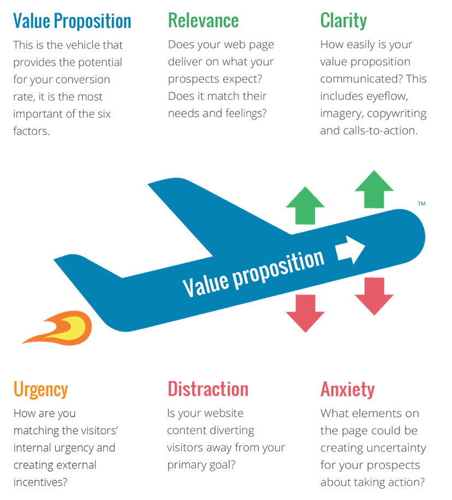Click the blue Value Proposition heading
(x=72, y=21)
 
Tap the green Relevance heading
(x=203, y=21)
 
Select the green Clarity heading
(x=343, y=21)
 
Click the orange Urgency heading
(x=41, y=390)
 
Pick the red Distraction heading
(x=208, y=389)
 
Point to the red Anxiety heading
(x=348, y=390)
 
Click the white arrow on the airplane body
(x=350, y=250)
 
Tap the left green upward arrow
(x=305, y=205)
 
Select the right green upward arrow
(x=374, y=190)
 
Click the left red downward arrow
(x=305, y=314)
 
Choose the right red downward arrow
(x=374, y=297)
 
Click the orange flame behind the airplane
(x=57, y=328)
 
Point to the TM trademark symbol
(x=421, y=203)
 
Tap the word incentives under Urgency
(x=40, y=482)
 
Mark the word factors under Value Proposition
(x=31, y=131)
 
